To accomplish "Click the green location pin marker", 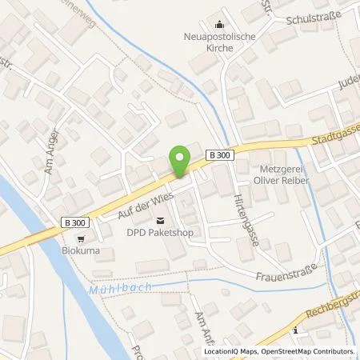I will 180,161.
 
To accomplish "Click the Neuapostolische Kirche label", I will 219,42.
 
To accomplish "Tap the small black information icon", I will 296,330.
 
